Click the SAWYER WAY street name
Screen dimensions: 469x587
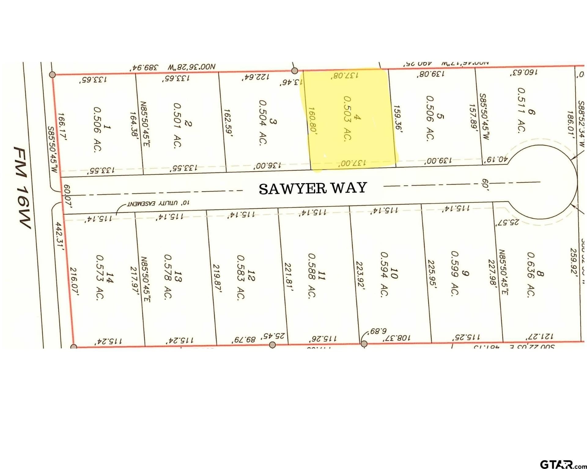tap(313, 188)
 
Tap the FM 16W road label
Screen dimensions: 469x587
tap(23, 187)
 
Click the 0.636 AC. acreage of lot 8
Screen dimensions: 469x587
tap(531, 274)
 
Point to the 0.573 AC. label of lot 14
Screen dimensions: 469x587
tap(100, 277)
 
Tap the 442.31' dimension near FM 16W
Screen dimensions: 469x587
tap(59, 236)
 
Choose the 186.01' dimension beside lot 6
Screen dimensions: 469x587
tap(570, 125)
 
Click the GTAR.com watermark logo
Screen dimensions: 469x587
tap(563, 464)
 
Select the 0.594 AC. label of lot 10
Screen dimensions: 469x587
tap(385, 274)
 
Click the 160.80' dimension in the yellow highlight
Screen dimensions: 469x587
tap(312, 119)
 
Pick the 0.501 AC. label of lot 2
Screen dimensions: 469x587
tap(177, 125)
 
